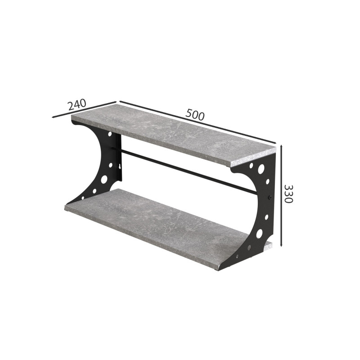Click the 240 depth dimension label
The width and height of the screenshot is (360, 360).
[x=77, y=104]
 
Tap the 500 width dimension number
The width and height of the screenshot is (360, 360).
[x=195, y=115]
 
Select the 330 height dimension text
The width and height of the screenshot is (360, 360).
[x=288, y=193]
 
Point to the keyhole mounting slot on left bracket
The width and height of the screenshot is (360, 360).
[x=119, y=166]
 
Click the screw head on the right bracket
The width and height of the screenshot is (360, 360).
[x=270, y=197]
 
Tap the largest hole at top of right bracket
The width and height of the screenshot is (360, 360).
[x=261, y=169]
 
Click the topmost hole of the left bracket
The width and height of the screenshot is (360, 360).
[x=110, y=134]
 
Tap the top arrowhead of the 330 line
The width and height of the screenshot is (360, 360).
[x=281, y=146]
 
